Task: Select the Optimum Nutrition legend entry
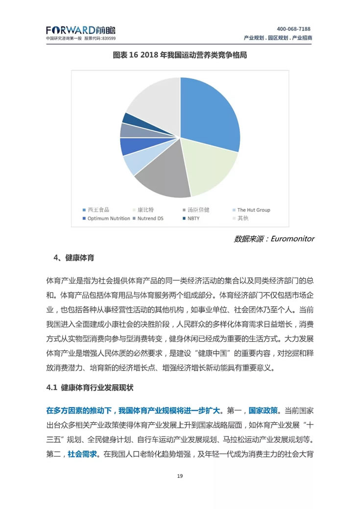pos(109,218)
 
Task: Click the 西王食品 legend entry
pos(97,210)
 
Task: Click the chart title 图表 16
pos(180,55)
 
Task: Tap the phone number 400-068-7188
pos(293,29)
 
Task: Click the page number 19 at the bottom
pos(180,475)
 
